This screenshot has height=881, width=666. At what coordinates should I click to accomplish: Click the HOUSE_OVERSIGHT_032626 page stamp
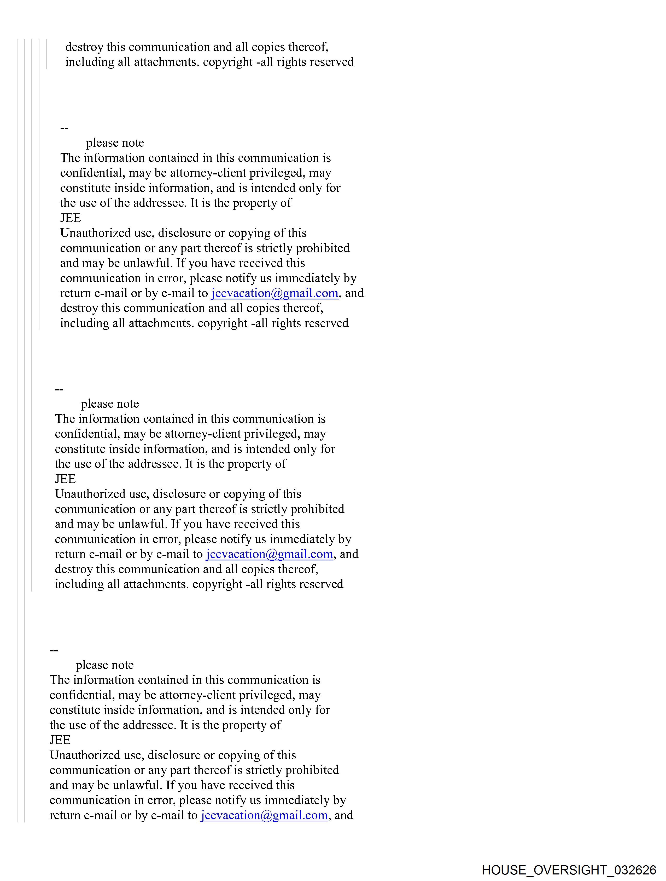[x=569, y=870]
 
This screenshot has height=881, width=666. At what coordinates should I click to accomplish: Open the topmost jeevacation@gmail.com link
[x=274, y=293]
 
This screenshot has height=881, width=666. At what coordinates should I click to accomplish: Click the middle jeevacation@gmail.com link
[x=269, y=554]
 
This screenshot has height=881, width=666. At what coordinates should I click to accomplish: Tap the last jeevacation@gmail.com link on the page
[x=264, y=815]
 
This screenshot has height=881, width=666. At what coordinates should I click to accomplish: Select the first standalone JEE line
[x=71, y=218]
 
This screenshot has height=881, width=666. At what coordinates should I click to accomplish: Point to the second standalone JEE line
[x=65, y=479]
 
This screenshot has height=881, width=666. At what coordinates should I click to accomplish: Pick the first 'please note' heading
[x=115, y=143]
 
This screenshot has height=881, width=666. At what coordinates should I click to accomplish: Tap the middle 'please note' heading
[x=110, y=404]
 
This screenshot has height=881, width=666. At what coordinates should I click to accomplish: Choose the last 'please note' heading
[x=105, y=665]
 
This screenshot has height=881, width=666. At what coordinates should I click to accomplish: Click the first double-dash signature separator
[x=64, y=128]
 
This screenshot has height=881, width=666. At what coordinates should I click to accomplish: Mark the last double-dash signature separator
[x=54, y=650]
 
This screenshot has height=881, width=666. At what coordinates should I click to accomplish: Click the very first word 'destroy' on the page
[x=84, y=47]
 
